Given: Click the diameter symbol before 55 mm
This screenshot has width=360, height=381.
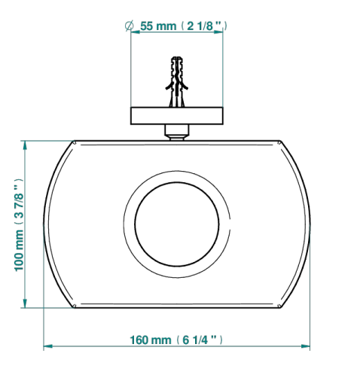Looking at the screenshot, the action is click(x=130, y=26).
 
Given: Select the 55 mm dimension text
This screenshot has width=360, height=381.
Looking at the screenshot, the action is click(x=158, y=26).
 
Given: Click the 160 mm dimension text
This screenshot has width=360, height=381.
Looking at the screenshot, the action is click(x=151, y=340).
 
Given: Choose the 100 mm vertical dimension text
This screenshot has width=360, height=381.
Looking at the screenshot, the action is click(x=20, y=250).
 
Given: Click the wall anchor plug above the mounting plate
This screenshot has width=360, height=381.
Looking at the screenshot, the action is click(x=177, y=82).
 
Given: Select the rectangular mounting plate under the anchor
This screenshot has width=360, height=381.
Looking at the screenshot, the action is click(x=177, y=116).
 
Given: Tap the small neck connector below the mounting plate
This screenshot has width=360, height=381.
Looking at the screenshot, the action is click(x=177, y=133).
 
